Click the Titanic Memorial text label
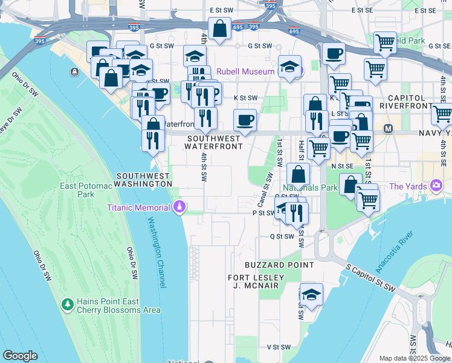138,208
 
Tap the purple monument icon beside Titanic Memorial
179,208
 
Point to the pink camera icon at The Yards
435,185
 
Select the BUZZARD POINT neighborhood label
279,265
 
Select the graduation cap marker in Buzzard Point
311,295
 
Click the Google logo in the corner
21,356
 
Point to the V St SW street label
280,347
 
